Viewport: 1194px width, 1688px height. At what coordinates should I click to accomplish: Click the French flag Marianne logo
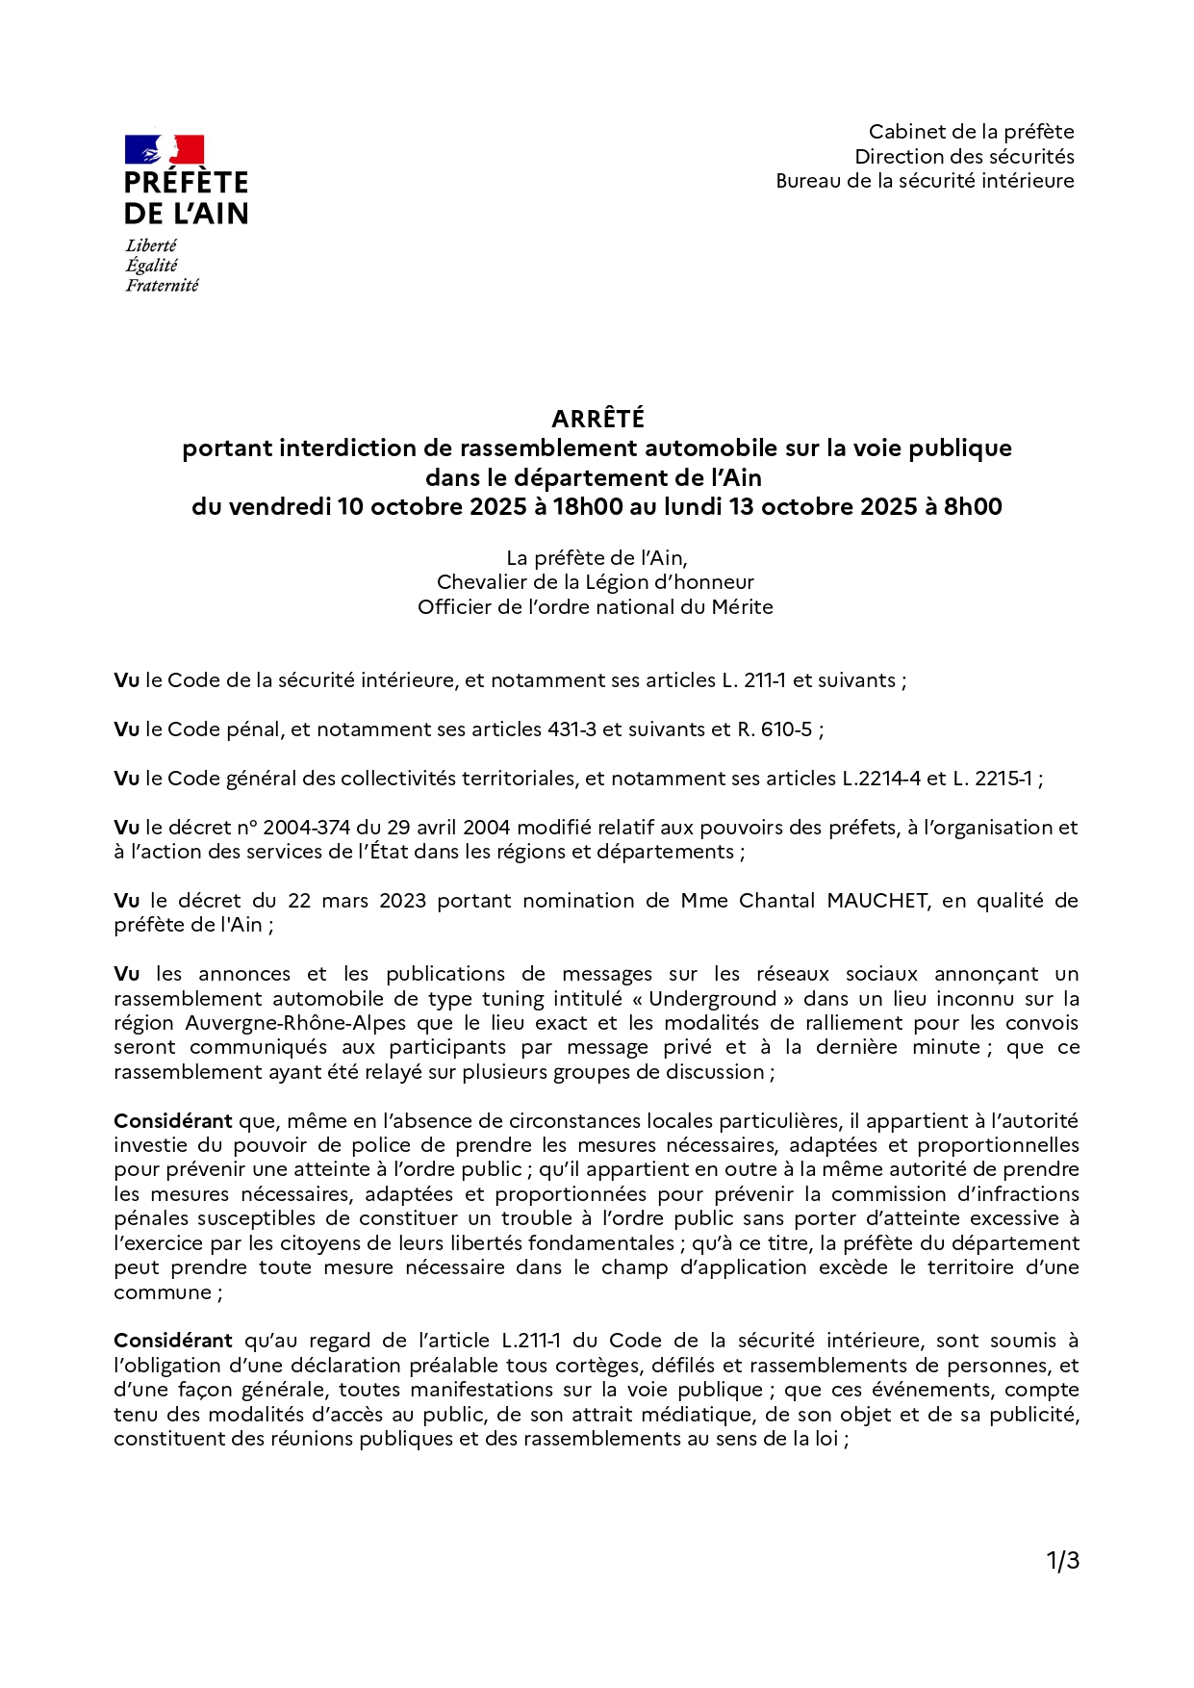tap(165, 150)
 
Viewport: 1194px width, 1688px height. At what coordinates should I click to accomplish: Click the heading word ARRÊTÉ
tap(597, 419)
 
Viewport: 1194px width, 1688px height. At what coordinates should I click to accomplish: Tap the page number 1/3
tap(1062, 1561)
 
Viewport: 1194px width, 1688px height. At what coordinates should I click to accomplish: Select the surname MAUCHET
tap(877, 901)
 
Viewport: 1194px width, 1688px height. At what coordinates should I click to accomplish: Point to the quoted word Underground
tap(712, 999)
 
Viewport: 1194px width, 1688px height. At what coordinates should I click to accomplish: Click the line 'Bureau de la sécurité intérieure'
tap(925, 181)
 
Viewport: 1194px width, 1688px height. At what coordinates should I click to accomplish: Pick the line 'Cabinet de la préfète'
tap(971, 132)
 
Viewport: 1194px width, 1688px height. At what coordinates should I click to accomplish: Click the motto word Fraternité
tap(162, 285)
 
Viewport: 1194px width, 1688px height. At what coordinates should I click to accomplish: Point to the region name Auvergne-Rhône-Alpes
tap(295, 1023)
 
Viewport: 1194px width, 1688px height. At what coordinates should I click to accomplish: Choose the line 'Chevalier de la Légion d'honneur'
tap(595, 582)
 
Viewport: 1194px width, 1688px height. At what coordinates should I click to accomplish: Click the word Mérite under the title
tap(742, 607)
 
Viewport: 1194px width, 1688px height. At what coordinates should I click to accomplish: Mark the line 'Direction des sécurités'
tap(964, 157)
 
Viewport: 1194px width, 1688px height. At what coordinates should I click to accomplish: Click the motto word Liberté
tap(151, 245)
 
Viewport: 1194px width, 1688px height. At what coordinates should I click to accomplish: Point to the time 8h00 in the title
tap(972, 507)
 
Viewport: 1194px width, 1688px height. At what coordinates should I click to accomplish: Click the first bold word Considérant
tap(173, 1121)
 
